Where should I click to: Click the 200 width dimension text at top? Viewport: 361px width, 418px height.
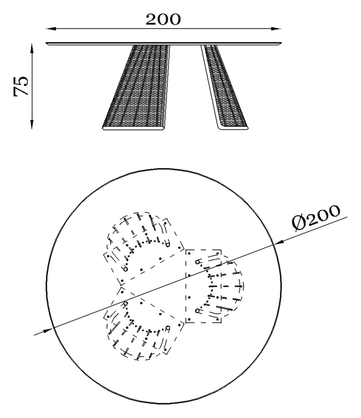pyautogui.click(x=163, y=19)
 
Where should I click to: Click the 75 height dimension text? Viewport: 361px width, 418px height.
pyautogui.click(x=21, y=86)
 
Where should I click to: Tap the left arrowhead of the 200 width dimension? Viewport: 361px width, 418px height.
pyautogui.click(x=51, y=28)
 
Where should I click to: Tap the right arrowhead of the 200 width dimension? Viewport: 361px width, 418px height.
pyautogui.click(x=276, y=28)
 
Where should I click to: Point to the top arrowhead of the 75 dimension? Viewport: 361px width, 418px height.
pyautogui.click(x=32, y=49)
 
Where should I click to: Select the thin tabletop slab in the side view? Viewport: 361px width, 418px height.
pyautogui.click(x=164, y=43)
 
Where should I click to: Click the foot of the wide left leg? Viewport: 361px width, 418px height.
pyautogui.click(x=133, y=128)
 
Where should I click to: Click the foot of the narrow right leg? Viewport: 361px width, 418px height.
pyautogui.click(x=233, y=128)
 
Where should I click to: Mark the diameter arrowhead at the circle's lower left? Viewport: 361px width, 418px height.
pyautogui.click(x=48, y=331)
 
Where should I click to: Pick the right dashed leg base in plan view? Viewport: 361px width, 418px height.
pyautogui.click(x=214, y=287)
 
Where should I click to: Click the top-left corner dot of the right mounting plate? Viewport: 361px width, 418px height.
pyautogui.click(x=189, y=253)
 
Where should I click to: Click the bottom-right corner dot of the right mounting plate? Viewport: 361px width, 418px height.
pyautogui.click(x=218, y=320)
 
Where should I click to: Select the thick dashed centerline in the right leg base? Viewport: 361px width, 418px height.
pyautogui.click(x=226, y=287)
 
